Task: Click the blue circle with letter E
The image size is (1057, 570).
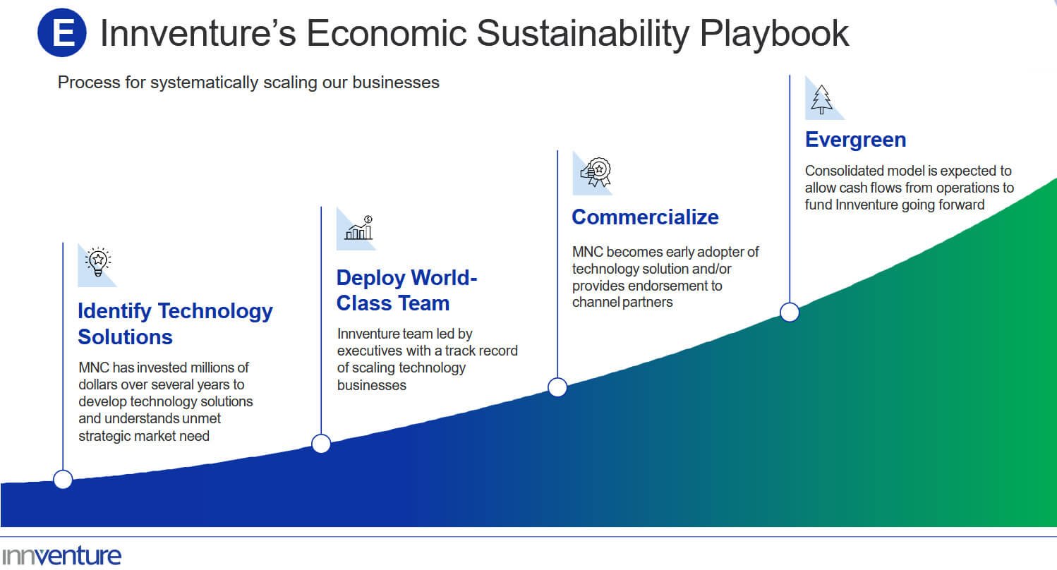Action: point(62,32)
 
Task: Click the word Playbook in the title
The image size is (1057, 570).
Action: point(774,34)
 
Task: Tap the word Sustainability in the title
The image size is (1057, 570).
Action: point(584,34)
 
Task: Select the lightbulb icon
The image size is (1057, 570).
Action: point(98,262)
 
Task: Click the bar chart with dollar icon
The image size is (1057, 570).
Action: point(358,228)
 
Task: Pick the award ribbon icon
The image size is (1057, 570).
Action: point(596,172)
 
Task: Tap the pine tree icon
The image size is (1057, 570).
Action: point(821,99)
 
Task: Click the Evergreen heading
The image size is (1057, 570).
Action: point(855,140)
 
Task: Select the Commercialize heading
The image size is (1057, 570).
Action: point(645,217)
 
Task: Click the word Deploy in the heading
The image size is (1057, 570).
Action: point(370,279)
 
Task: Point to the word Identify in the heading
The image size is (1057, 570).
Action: point(115,311)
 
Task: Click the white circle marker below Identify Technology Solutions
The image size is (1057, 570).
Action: point(63,480)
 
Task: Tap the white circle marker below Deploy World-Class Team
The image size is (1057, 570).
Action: point(321,444)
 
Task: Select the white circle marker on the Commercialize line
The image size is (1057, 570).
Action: point(557,387)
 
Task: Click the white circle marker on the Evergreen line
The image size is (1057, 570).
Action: point(790,313)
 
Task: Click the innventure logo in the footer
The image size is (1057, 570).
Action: point(61,556)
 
